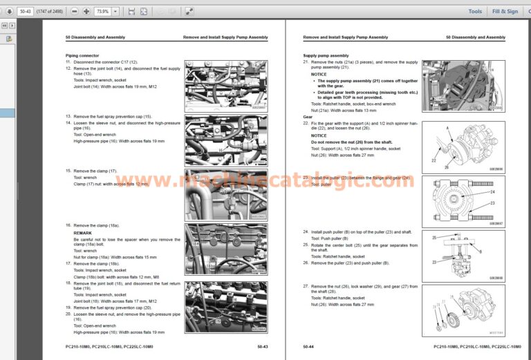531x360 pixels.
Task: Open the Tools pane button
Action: [475, 11]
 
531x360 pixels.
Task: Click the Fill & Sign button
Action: [505, 11]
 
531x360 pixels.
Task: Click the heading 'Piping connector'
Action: [82, 55]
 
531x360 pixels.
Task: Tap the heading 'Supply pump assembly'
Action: [326, 55]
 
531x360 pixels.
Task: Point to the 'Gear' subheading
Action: [308, 117]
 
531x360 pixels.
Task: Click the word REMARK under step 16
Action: [82, 233]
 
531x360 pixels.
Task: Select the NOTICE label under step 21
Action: [319, 74]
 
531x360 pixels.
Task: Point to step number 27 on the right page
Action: [306, 286]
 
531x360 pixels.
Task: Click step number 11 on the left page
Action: [68, 61]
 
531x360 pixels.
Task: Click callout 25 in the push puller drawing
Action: [434, 238]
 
